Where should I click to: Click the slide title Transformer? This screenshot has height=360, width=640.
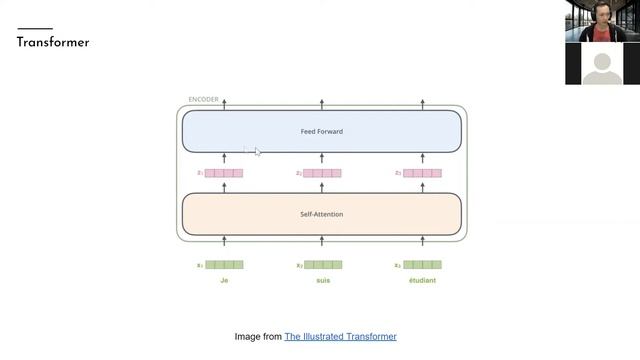coord(53,43)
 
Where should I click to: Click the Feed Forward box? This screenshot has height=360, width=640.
coord(321,131)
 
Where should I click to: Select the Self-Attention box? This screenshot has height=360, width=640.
coord(321,214)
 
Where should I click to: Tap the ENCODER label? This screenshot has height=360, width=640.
coord(203,99)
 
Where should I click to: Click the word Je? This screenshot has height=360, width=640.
coord(224,281)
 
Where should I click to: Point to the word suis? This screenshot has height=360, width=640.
coord(322,281)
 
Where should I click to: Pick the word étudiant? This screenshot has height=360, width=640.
coord(421,281)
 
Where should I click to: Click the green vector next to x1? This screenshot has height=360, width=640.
coord(224,265)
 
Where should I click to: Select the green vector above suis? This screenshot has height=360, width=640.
coord(323,265)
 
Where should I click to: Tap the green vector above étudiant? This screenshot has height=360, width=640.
coord(422,265)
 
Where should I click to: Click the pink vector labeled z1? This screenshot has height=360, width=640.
coord(224,173)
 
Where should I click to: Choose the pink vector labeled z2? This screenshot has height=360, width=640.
coord(323,173)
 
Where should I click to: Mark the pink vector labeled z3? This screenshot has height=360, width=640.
coord(422,173)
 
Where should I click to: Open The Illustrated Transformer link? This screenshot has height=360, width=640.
coord(340,337)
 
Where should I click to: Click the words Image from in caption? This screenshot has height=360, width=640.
coord(258,337)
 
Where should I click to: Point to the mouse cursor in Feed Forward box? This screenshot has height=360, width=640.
coord(257,151)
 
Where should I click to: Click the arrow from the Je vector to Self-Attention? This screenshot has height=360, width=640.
coord(224,241)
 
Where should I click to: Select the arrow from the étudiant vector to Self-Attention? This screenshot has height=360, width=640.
coord(422,241)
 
